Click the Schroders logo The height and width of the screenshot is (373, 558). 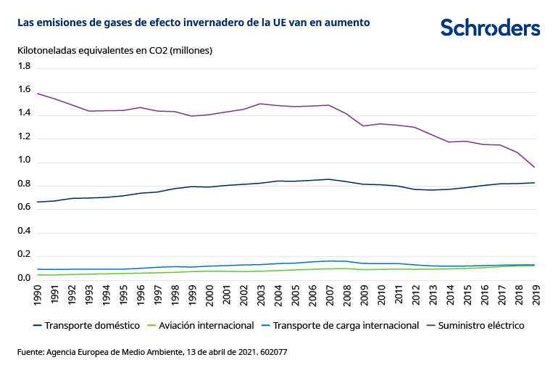point(490,28)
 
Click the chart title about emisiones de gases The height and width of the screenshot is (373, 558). point(193,22)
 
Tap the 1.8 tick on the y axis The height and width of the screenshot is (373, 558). point(24,67)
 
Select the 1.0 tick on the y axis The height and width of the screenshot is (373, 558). point(24,161)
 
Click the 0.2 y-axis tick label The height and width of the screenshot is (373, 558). point(24,255)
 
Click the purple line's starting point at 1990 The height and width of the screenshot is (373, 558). point(37,93)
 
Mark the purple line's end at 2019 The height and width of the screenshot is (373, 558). point(535,168)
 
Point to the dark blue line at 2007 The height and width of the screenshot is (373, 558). point(329,179)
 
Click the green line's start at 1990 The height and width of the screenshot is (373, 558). point(37,275)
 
